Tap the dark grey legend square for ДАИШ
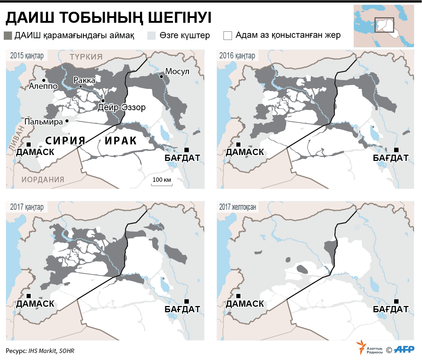[8, 36]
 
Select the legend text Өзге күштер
[185, 36]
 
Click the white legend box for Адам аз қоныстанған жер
[228, 36]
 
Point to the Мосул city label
[177, 71]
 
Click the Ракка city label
[84, 80]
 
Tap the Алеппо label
[43, 86]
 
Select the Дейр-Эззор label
[122, 107]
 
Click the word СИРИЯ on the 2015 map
[65, 141]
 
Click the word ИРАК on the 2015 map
[121, 141]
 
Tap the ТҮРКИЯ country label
[86, 57]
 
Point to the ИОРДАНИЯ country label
[43, 179]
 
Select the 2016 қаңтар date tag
[237, 56]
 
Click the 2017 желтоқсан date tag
[238, 207]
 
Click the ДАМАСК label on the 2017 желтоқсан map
[245, 304]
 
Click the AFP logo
[406, 349]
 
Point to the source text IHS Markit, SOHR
[51, 351]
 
